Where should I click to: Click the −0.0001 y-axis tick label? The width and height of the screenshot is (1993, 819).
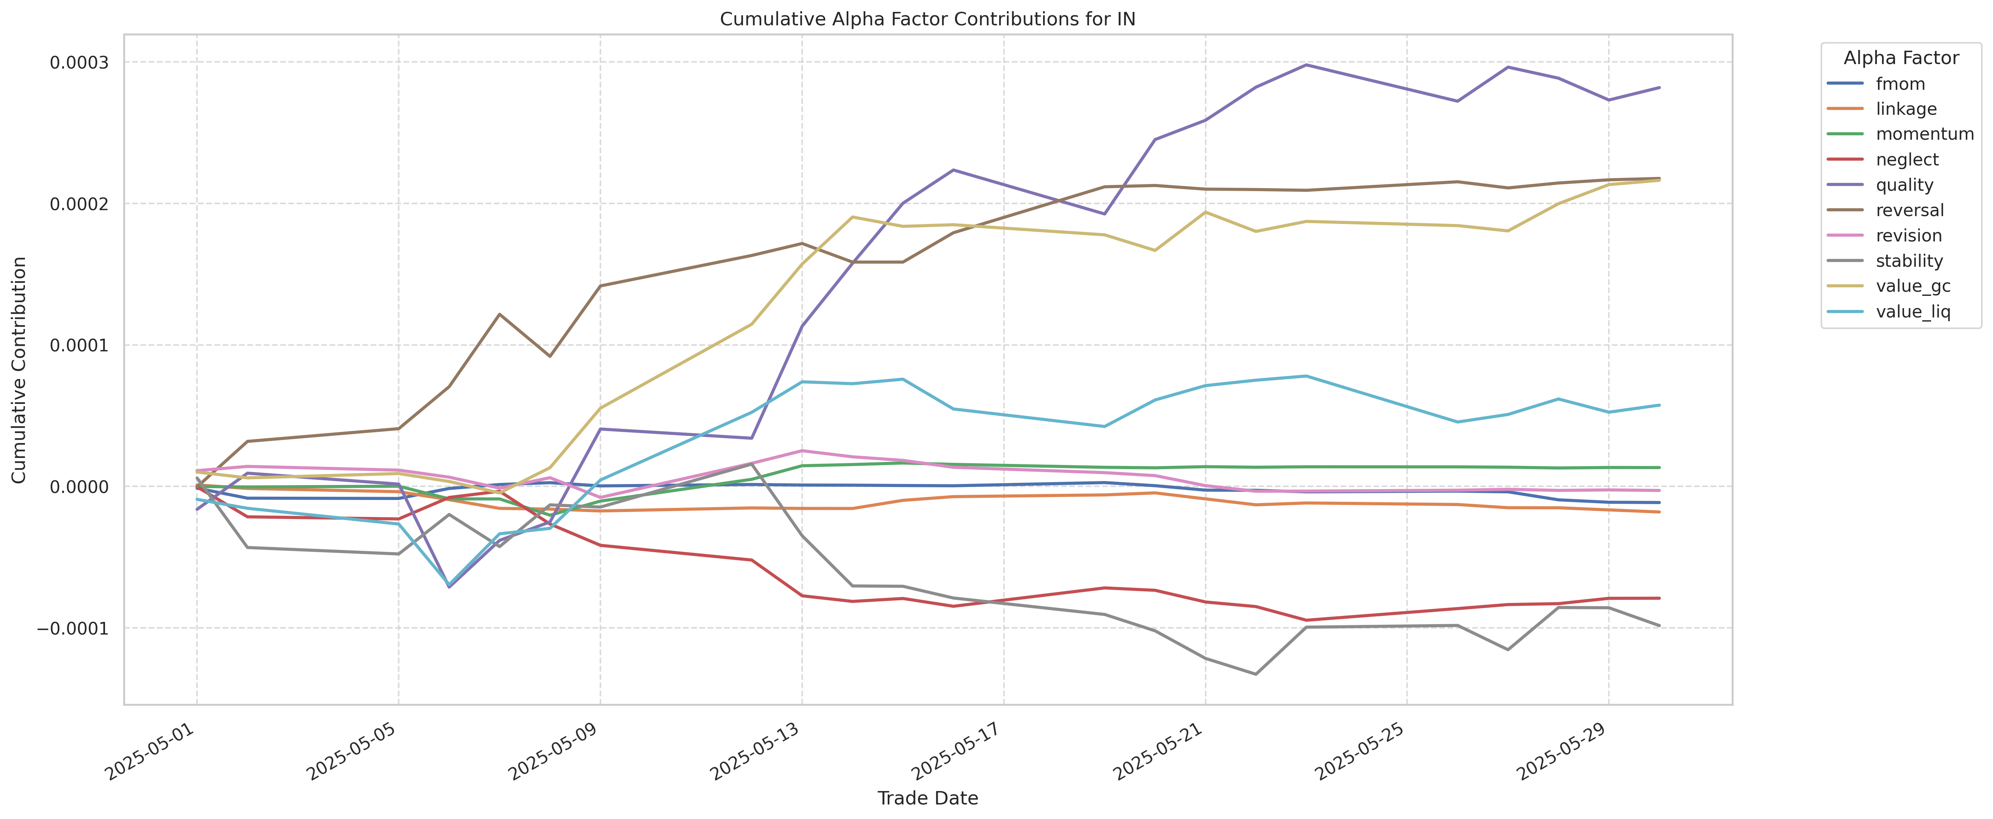coord(73,628)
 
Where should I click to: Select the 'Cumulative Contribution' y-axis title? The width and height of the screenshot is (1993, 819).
coord(19,370)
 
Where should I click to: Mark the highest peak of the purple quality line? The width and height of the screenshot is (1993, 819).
coord(1306,64)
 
